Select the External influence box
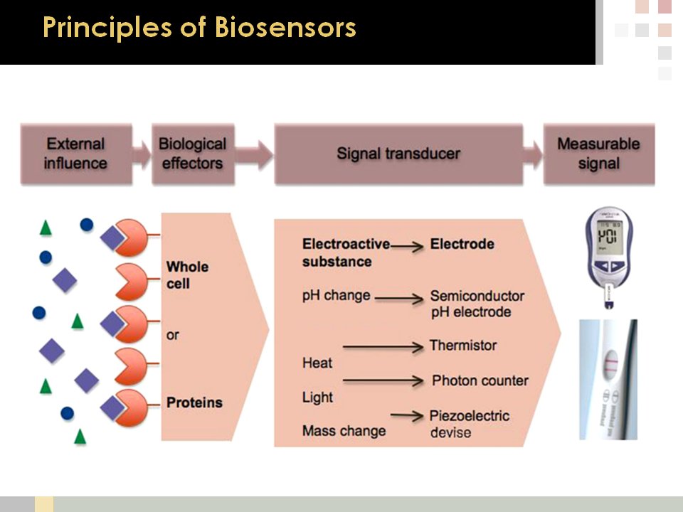[76, 154]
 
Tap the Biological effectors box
[192, 154]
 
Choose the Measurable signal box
[598, 154]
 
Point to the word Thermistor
[463, 346]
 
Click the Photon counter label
[480, 380]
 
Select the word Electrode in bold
[462, 244]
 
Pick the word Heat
[317, 363]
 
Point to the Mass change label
[344, 430]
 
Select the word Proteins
[194, 402]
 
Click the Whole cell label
[187, 275]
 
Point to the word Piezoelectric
[470, 415]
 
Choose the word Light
[317, 397]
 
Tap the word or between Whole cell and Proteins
[173, 335]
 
